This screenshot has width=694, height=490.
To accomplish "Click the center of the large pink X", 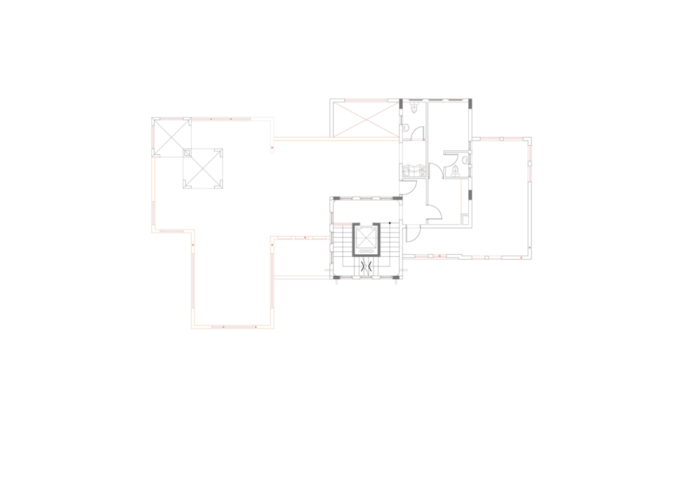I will [x=366, y=120].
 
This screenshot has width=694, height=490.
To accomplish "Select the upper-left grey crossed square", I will [x=171, y=137].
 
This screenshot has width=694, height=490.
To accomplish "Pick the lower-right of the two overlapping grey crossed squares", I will [x=203, y=168].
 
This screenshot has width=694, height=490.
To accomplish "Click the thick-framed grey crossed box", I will [x=366, y=239].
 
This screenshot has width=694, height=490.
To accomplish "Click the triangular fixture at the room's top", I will [x=413, y=108].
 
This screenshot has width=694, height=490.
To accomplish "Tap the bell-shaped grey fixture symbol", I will [x=455, y=170].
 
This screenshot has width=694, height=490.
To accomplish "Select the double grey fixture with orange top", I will [x=414, y=169].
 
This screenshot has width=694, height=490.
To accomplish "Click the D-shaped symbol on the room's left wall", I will [x=405, y=127].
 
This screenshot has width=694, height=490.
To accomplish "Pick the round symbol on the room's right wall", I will [x=465, y=160].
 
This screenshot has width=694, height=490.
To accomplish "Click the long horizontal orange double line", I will [x=335, y=139].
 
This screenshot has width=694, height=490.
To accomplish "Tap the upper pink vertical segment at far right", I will [x=529, y=152].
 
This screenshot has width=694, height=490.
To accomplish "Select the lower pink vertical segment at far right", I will [x=529, y=173].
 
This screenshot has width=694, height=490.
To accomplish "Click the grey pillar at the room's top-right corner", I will [x=470, y=104].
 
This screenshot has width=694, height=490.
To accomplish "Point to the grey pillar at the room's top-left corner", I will [x=401, y=104].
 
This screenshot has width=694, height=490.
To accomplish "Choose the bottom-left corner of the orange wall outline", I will [x=192, y=327].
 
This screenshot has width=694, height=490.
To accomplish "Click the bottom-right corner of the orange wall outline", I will [x=272, y=327].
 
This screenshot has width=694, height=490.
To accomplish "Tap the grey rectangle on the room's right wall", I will [x=470, y=195].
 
